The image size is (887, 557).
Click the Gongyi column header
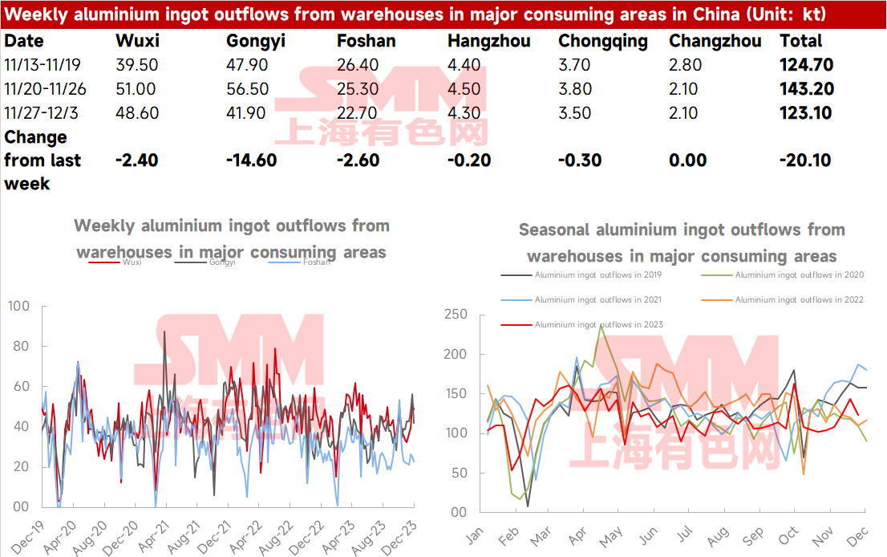point(256,41)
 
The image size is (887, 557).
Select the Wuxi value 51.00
point(136,89)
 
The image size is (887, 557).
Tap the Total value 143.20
point(806,89)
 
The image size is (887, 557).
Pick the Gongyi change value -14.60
point(252,160)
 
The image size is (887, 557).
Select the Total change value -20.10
point(806,160)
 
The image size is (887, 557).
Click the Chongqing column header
point(602,41)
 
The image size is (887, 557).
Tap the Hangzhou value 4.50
point(464,89)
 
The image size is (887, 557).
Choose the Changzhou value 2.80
point(683,65)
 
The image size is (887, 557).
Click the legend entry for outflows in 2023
point(598,325)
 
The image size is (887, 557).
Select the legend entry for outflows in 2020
point(799,274)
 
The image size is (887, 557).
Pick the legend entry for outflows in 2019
point(598,274)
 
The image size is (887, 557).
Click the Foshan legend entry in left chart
point(316,262)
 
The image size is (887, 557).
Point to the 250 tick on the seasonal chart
point(456,314)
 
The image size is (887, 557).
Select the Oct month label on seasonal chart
point(789,534)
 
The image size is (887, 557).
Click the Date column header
point(24,41)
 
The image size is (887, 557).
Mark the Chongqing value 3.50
point(574,113)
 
